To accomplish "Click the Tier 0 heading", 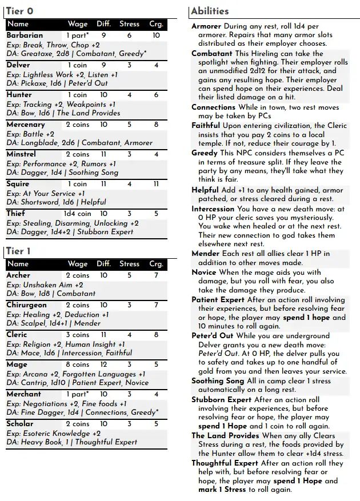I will (20, 11).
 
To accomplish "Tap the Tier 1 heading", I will (19, 251).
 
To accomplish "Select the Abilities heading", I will (210, 11).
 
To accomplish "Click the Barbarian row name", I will (25, 35).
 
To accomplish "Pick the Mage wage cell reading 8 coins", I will (78, 364).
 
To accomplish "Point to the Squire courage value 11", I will (156, 184).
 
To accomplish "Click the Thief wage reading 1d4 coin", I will (78, 214).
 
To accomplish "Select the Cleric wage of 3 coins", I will (78, 335).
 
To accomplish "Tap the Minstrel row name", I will (21, 154).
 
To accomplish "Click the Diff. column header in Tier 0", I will (104, 24).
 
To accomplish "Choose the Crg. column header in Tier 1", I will (156, 264).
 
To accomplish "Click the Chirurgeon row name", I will (26, 305).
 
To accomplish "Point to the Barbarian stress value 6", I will (130, 35).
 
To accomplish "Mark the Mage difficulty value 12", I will (104, 364).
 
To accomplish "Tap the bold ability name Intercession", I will (213, 209).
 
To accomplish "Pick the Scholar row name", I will (20, 424).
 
